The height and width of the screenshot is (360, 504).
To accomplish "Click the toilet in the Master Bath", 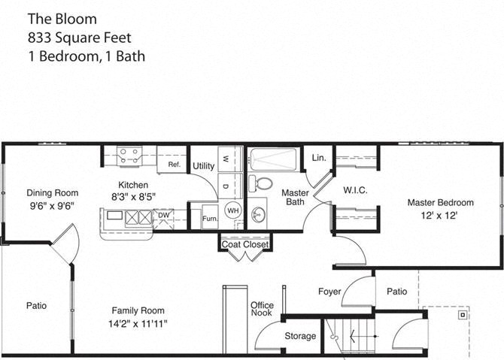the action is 261,183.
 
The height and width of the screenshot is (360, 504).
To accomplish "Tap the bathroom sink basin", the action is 258,214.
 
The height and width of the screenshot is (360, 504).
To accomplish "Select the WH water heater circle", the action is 232,210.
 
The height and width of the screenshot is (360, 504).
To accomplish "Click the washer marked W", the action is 230,159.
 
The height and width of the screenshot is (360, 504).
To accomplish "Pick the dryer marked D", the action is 230,186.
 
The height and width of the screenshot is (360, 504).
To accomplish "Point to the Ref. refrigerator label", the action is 175,165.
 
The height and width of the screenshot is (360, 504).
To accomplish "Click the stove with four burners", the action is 129,156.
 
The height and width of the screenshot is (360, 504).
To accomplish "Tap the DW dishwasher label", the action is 163,215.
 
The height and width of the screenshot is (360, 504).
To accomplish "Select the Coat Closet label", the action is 245,245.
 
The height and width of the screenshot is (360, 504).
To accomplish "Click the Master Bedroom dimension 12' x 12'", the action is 439,215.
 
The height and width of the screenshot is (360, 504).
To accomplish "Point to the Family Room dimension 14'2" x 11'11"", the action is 138,324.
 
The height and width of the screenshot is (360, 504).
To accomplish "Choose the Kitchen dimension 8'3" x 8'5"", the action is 133,197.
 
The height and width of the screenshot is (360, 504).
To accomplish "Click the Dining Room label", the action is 53,193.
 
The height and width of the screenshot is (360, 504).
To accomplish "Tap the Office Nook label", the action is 262,309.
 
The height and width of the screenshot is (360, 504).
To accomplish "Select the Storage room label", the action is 300,336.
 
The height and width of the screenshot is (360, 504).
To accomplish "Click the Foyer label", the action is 329,292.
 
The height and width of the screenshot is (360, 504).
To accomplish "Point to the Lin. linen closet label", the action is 319,158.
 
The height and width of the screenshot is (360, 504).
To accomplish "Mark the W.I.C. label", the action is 355,190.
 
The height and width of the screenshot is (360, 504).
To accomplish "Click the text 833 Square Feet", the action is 80,38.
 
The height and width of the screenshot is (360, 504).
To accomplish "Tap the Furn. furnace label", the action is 210,219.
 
